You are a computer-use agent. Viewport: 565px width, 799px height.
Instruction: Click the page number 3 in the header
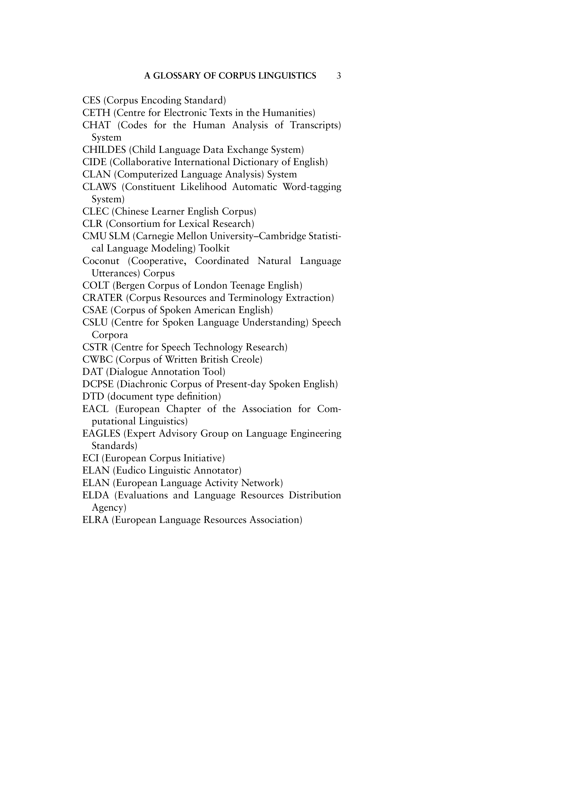tap(338, 76)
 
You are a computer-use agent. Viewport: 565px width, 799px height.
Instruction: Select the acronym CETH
tap(96, 113)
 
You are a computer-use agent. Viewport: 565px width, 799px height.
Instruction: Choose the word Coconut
tap(101, 261)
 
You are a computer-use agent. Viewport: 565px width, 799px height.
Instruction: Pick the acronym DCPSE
tap(98, 384)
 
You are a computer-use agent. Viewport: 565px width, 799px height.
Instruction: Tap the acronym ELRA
tap(95, 520)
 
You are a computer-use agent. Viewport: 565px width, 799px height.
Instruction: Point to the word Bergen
tap(129, 286)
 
